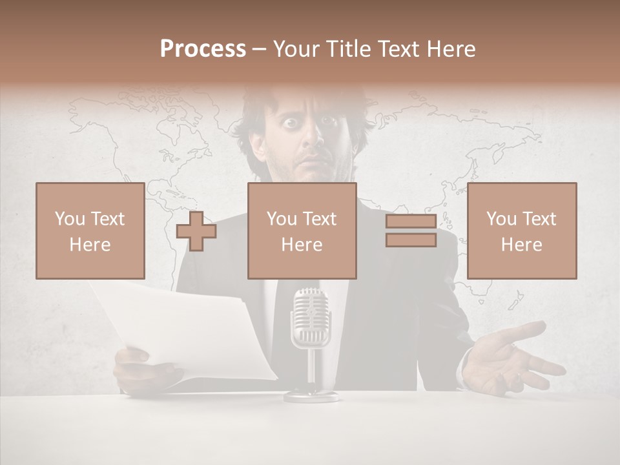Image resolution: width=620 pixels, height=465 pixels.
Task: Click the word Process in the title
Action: (203, 49)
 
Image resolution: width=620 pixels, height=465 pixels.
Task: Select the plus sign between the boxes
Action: (196, 231)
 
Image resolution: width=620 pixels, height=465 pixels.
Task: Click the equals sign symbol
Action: (411, 231)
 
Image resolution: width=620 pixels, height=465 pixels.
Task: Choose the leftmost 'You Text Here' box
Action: (90, 231)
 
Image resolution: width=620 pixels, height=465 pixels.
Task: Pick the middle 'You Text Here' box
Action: (302, 231)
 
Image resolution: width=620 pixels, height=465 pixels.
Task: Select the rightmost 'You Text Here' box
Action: (521, 231)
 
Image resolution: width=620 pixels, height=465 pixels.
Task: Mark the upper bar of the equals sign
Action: (411, 221)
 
